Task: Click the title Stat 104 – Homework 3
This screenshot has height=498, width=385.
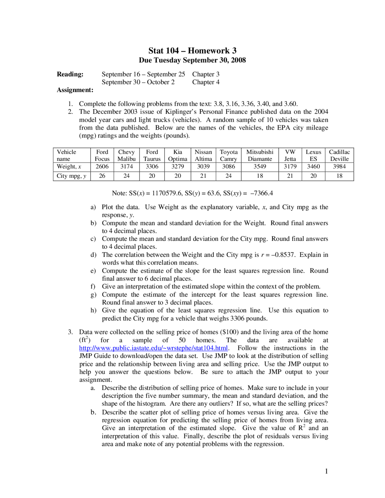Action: pos(192,51)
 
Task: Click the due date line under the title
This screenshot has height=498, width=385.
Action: pos(192,60)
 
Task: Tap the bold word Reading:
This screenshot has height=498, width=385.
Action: pos(70,74)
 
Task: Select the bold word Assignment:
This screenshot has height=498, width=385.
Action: pos(75,90)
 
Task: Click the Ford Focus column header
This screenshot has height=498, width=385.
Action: pos(102,155)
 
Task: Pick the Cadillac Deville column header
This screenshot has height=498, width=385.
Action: pos(339,155)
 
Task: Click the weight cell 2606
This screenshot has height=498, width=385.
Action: pos(102,167)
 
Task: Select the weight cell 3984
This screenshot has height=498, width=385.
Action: pos(339,167)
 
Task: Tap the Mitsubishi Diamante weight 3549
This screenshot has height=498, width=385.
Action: pos(260,167)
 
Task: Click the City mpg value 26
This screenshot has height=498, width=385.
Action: pos(102,176)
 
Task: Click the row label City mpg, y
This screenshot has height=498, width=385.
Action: pos(71,176)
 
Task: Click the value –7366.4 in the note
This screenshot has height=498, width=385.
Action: pos(261,193)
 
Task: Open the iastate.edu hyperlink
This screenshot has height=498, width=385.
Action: pos(153,348)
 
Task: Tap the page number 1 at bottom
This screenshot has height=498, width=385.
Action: pos(326,471)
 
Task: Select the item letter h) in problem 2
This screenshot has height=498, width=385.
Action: pos(93,310)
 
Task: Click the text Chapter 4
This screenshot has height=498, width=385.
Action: pos(206,82)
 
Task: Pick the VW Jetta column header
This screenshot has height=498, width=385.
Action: pos(290,155)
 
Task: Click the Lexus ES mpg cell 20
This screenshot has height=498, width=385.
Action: pos(313,176)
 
